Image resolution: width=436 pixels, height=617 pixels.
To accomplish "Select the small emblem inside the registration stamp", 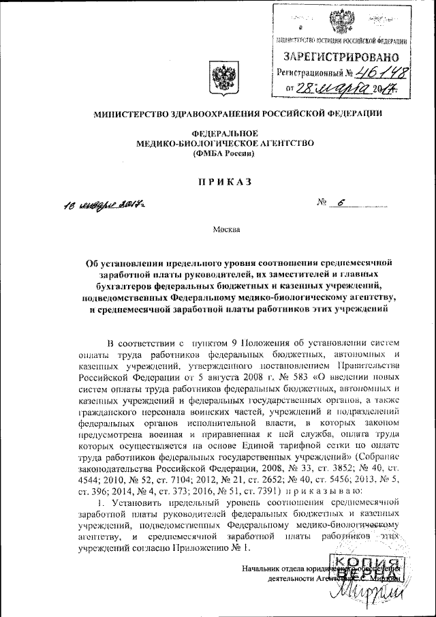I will pos(338,22).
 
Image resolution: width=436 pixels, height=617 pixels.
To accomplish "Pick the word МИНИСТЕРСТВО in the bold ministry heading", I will pos(131,114).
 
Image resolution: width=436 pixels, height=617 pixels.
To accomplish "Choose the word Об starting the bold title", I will pos(93,263).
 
